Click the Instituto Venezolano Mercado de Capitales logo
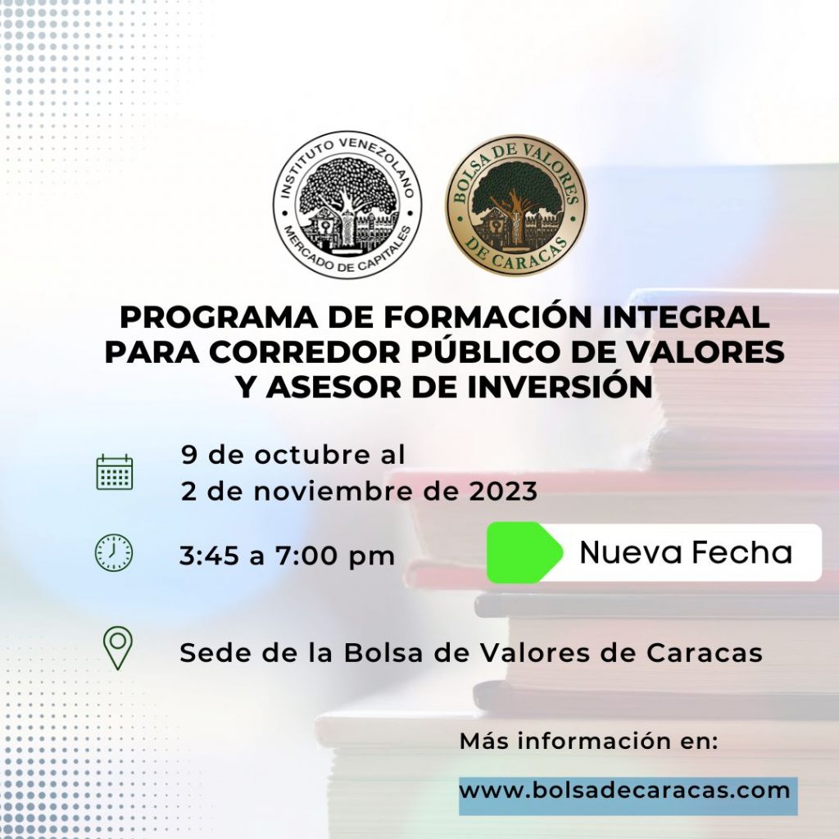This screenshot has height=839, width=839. pyautogui.click(x=347, y=205)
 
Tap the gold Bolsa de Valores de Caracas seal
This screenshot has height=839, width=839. pyautogui.click(x=516, y=205)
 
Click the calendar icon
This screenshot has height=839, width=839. pyautogui.click(x=115, y=472)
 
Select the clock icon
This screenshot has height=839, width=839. pyautogui.click(x=113, y=553)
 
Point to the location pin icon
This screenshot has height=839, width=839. pyautogui.click(x=118, y=648)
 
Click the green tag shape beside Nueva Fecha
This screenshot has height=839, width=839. pyautogui.click(x=524, y=552)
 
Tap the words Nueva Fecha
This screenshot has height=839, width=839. pyautogui.click(x=686, y=552)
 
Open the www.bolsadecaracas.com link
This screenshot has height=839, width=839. pyautogui.click(x=624, y=791)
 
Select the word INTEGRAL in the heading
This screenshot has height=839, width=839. pyautogui.click(x=687, y=317)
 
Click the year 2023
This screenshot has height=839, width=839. pyautogui.click(x=503, y=492)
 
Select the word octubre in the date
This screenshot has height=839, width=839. pyautogui.click(x=312, y=455)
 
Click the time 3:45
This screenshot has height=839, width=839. pyautogui.click(x=209, y=556)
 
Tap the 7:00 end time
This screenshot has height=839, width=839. pyautogui.click(x=306, y=556)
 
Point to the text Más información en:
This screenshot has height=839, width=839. pyautogui.click(x=588, y=741)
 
